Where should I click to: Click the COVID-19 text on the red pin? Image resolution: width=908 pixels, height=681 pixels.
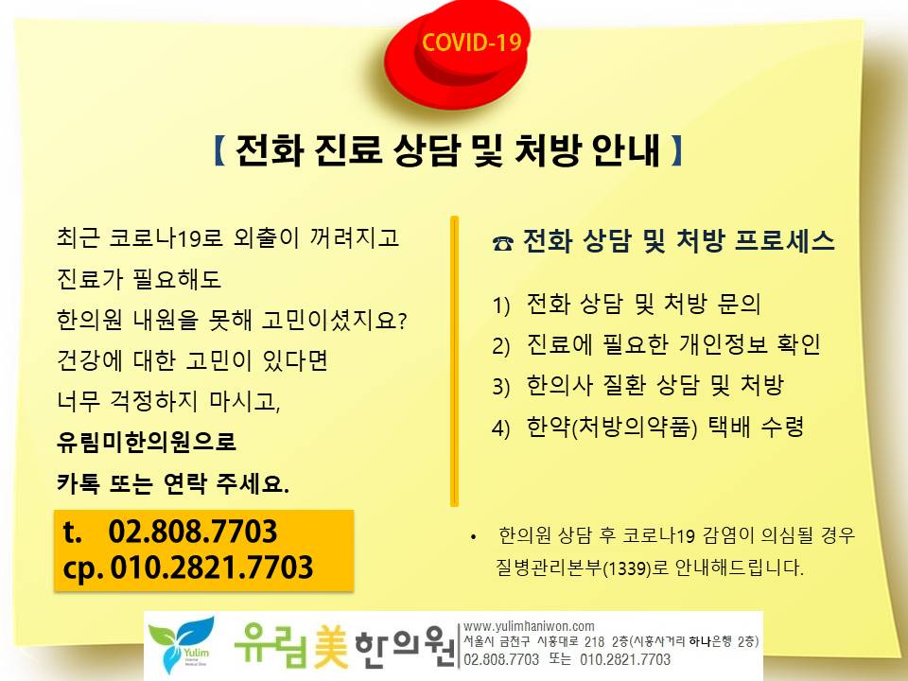(471, 43)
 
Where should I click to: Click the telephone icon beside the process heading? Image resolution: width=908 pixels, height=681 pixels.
(502, 243)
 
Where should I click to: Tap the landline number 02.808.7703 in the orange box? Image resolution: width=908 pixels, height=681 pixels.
(193, 531)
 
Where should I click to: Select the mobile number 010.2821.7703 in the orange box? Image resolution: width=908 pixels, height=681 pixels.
(211, 567)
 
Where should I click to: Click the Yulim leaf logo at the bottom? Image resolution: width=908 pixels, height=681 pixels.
(182, 644)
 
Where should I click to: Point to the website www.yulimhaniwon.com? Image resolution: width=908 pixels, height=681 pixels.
(529, 626)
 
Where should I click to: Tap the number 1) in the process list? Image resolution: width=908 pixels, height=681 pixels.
(501, 306)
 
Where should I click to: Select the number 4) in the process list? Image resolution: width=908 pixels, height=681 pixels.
(501, 428)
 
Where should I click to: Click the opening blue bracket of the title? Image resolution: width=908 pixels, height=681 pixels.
(219, 150)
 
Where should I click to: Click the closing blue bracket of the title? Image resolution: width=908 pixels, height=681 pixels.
(676, 150)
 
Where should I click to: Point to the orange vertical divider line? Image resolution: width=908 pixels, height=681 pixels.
(455, 361)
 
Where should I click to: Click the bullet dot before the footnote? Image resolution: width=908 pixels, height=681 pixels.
(474, 537)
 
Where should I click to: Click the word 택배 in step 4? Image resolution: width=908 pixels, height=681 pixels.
(729, 427)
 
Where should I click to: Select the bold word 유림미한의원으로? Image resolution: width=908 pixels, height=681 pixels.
(147, 442)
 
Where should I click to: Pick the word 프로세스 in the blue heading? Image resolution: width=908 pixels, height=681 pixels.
(785, 241)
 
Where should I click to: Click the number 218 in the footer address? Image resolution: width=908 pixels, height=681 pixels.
(595, 641)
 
